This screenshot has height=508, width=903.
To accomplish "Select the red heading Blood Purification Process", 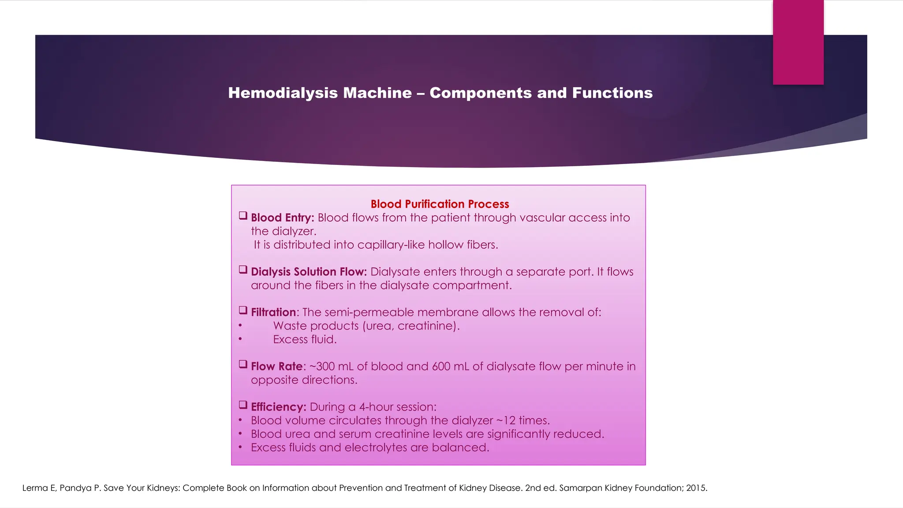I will pyautogui.click(x=440, y=204).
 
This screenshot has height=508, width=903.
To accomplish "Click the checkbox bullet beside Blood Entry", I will pyautogui.click(x=243, y=216).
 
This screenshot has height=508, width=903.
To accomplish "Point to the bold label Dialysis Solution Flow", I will pyautogui.click(x=309, y=272).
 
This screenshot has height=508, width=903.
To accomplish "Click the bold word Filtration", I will pyautogui.click(x=273, y=312).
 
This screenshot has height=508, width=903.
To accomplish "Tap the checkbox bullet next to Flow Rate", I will pyautogui.click(x=243, y=364).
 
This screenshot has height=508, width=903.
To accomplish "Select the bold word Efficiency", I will pyautogui.click(x=278, y=407).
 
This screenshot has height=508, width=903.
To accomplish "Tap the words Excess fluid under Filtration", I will pyautogui.click(x=305, y=340).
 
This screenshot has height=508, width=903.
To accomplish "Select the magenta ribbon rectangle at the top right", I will pyautogui.click(x=798, y=42).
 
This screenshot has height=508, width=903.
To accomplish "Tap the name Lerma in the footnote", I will pyautogui.click(x=34, y=488).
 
